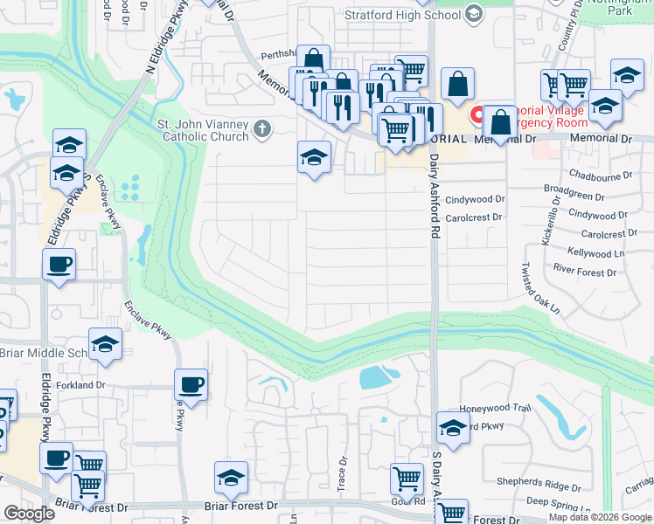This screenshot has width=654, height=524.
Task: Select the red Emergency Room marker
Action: [478, 114]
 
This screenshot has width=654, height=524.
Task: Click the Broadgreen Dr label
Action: [574, 188]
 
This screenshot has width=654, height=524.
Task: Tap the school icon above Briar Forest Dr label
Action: [232, 477]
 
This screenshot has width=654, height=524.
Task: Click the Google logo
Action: [29, 514]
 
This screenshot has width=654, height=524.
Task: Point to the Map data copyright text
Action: [600, 517]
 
